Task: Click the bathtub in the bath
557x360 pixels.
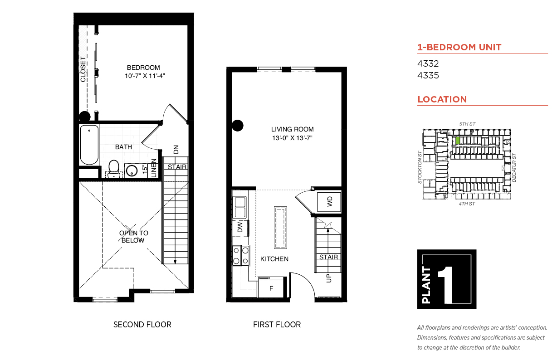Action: point(89,145)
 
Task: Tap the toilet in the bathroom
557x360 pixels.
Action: point(114,169)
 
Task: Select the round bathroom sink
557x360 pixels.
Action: point(132,170)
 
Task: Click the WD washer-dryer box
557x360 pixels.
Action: point(329,202)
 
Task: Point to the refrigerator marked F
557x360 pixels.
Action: point(271,288)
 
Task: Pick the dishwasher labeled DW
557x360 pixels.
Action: point(240,227)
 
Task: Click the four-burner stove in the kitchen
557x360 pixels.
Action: point(241,256)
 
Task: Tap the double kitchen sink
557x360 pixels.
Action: point(239,207)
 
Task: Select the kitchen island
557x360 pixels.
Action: point(280,227)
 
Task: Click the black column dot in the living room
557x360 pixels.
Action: point(238,126)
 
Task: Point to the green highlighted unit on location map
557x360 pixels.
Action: point(458,141)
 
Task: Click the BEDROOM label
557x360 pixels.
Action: point(143,68)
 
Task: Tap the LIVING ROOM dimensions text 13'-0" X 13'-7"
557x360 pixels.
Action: point(292,138)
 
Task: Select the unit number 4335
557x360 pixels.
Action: point(428,75)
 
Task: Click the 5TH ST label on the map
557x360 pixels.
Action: point(467,124)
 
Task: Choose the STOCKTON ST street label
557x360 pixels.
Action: point(420,167)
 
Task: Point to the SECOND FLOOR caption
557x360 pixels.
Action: point(142,325)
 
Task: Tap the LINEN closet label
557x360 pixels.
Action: point(154,168)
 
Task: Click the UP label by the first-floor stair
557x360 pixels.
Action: point(329,278)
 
